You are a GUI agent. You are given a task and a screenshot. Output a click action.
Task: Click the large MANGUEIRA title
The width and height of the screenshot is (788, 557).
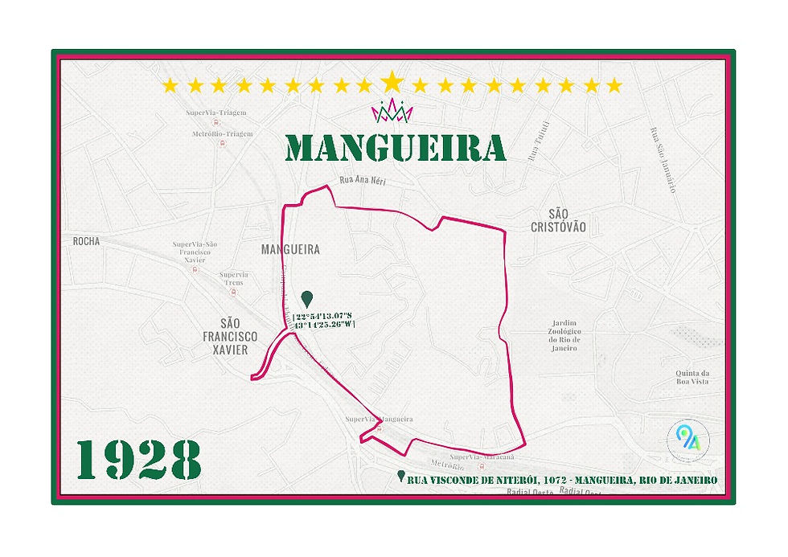click(396, 148)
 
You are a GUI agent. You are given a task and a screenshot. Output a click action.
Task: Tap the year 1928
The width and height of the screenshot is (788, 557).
click(139, 461)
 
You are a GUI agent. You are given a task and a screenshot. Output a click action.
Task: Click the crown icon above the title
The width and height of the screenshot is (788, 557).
click(392, 111)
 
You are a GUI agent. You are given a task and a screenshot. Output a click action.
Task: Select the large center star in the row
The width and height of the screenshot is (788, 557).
click(392, 82)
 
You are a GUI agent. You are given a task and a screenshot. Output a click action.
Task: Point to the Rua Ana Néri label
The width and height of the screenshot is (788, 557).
click(363, 181)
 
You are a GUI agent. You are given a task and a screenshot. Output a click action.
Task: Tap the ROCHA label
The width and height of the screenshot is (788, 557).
click(86, 241)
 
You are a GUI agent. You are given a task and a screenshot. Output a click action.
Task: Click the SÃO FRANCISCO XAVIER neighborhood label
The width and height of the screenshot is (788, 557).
click(229, 337)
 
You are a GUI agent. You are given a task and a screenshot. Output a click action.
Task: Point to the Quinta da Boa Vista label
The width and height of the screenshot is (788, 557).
click(692, 378)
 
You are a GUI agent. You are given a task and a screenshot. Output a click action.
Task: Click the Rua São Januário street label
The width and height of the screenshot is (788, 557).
click(659, 162)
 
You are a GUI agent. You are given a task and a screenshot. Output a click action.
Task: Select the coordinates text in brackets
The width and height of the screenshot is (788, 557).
click(324, 319)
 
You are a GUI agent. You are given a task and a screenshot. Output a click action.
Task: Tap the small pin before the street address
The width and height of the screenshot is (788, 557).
click(401, 477)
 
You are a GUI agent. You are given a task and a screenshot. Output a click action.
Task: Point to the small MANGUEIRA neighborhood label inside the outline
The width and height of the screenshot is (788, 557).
click(290, 250)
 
